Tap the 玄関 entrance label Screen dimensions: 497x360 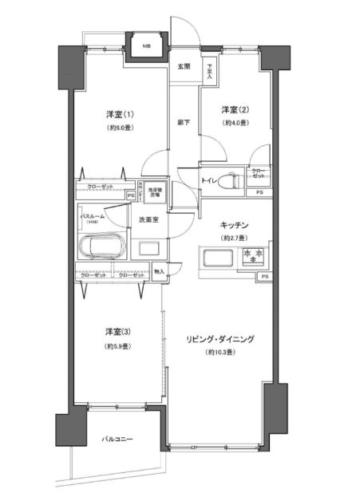pyautogui.click(x=184, y=67)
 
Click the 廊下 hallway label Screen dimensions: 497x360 pyautogui.click(x=184, y=121)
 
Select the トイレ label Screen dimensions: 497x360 pyautogui.click(x=211, y=180)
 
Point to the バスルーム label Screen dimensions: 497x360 pyautogui.click(x=94, y=215)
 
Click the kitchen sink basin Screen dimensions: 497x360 pyautogui.click(x=217, y=258)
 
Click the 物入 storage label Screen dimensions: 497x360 pyautogui.click(x=158, y=272)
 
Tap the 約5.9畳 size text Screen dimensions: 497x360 pyautogui.click(x=117, y=345)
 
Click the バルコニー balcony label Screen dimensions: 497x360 pyautogui.click(x=117, y=440)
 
